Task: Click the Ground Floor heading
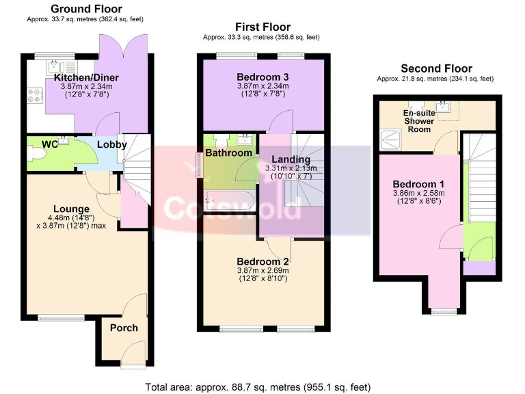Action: (87, 9)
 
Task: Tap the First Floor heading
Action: (262, 27)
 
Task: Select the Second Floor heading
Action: (436, 68)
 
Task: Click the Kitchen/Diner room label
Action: (86, 78)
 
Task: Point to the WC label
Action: (49, 144)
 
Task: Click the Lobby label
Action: (111, 145)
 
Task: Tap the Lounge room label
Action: (71, 209)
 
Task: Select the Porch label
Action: (124, 328)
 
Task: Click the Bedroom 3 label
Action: (263, 77)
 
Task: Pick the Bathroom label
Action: (228, 153)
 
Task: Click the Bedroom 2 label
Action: (263, 261)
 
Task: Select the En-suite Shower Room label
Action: (418, 121)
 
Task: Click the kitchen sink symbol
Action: (55, 67)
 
